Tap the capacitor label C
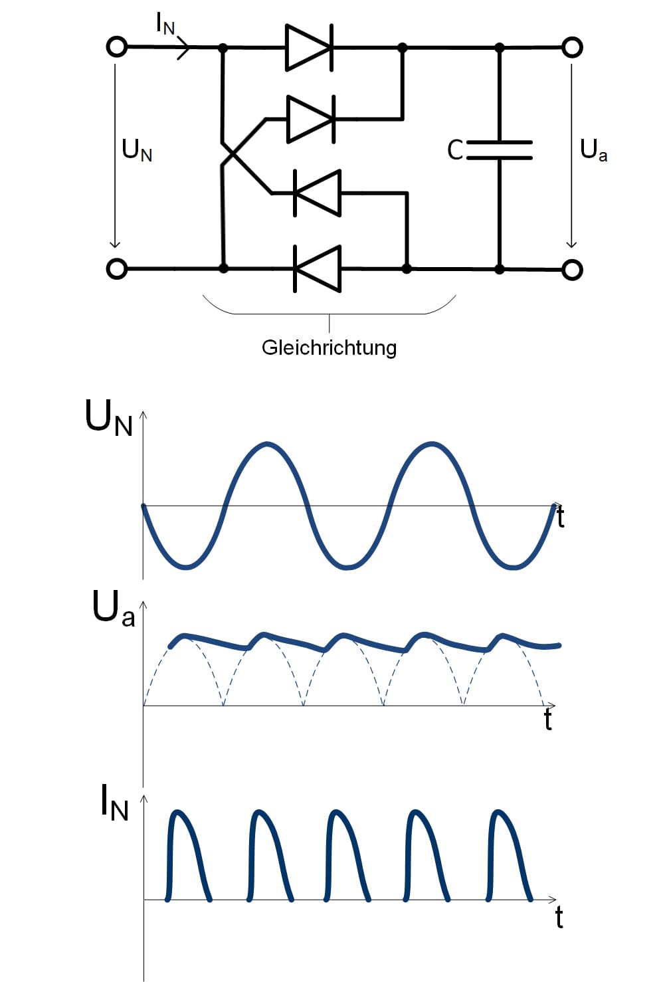455,150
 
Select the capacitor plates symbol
499,150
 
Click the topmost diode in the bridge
309,47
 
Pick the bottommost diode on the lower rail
318,268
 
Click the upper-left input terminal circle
117,47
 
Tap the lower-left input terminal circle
117,268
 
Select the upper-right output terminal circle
572,47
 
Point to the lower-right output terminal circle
572,269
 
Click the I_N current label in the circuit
165,24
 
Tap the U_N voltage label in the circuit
137,151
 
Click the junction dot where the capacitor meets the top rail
499,47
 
